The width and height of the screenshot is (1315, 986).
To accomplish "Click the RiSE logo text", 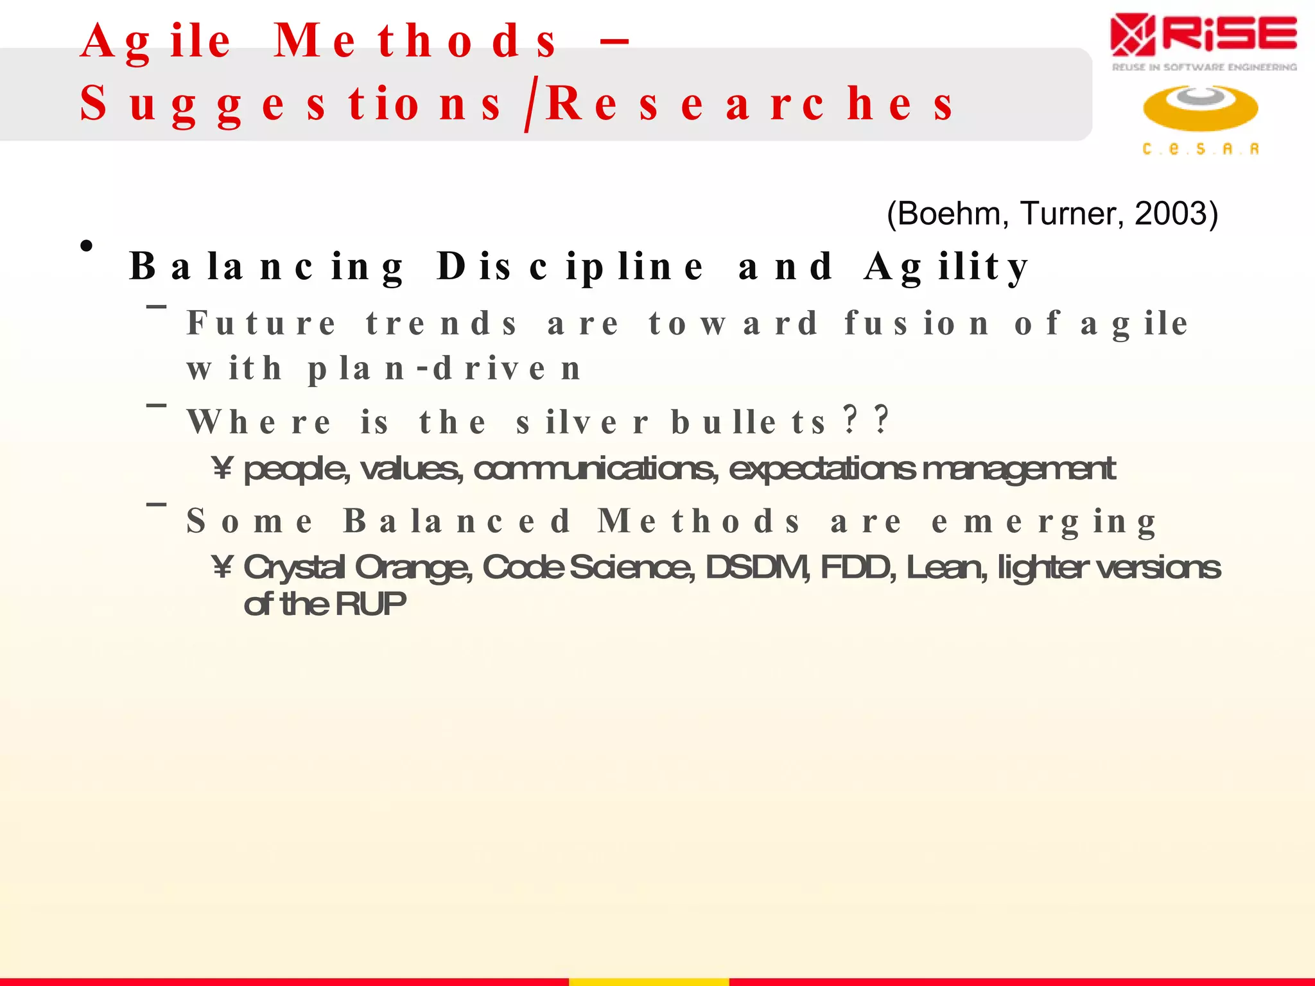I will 1230,36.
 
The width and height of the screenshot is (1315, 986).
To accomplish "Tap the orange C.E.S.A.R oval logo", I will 1200,108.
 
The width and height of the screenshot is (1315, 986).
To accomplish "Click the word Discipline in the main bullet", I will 570,266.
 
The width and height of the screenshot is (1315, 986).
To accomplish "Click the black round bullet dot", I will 87,245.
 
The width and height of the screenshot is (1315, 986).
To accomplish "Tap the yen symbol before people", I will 222,469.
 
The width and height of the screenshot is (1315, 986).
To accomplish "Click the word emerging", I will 1043,521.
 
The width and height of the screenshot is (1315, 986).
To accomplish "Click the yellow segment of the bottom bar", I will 649,982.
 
